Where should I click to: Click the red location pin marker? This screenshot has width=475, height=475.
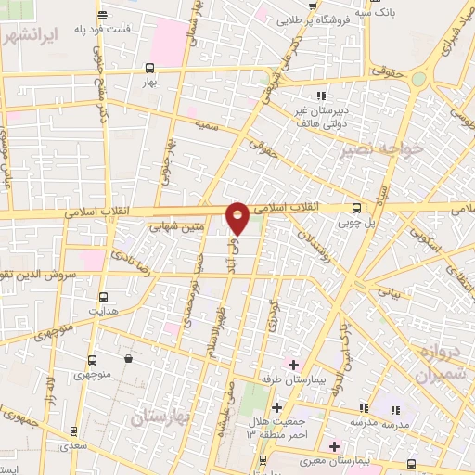pos(237,217)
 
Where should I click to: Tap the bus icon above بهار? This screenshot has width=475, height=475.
pos(149,67)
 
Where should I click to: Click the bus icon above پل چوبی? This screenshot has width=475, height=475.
pos(358,209)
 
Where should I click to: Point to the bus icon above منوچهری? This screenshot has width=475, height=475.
pos(92,360)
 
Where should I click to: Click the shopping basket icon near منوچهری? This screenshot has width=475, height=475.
pos(126,358)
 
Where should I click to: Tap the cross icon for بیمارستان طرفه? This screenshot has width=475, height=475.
pos(293,364)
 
